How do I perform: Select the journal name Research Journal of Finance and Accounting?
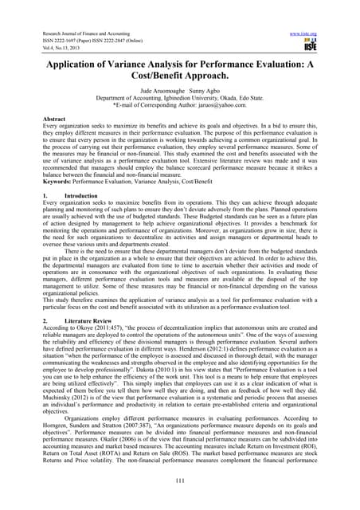point(76,12)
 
